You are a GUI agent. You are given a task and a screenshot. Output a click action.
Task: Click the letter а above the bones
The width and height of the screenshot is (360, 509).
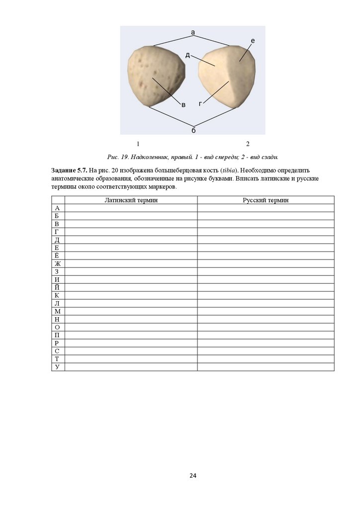point(193,32)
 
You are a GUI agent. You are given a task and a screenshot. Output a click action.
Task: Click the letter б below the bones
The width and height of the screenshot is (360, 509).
point(193,130)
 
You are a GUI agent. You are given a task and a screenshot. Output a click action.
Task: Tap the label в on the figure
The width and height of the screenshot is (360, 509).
point(183,104)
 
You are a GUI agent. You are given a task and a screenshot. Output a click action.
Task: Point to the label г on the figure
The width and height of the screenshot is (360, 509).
point(200,104)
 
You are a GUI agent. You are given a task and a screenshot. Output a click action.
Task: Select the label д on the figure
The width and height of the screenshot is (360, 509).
point(187,55)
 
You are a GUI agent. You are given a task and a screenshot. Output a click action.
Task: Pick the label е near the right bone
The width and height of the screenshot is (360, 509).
point(253,41)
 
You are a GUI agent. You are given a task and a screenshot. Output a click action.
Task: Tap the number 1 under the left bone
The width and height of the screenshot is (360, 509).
point(138,144)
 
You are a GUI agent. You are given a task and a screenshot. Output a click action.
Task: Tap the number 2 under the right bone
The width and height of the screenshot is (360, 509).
point(248,144)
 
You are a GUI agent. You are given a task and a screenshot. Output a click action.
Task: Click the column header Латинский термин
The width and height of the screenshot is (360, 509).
point(131,200)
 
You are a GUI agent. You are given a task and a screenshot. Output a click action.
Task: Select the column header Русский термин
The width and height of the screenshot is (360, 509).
point(266,200)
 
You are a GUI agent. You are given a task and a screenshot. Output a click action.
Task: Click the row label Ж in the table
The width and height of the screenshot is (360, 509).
point(58,263)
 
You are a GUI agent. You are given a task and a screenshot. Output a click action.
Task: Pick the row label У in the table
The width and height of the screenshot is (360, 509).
point(58,367)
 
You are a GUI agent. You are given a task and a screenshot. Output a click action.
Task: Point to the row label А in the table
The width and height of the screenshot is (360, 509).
point(58,208)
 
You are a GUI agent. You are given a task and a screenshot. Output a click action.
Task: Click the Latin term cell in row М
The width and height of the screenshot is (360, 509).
point(131,311)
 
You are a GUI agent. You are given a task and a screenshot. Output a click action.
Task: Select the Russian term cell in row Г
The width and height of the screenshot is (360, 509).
point(266,232)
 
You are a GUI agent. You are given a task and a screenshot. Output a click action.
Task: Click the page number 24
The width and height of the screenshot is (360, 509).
point(193,476)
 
